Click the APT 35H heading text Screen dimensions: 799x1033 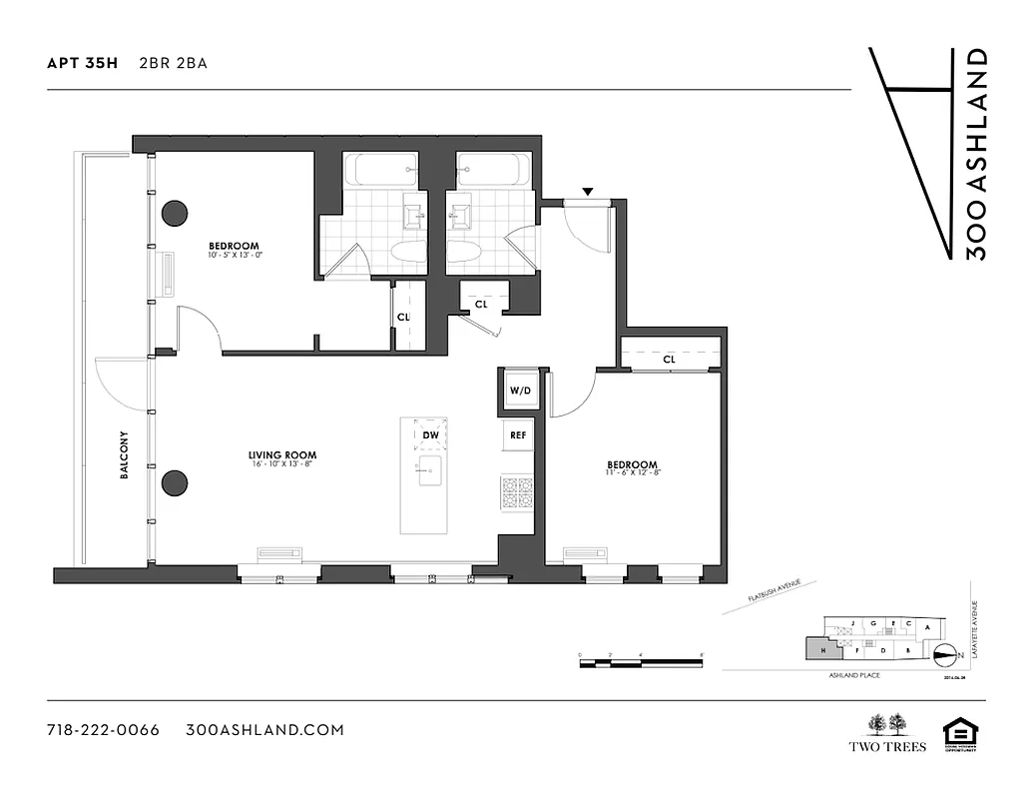tap(82, 63)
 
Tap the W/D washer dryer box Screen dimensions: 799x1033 tap(519, 391)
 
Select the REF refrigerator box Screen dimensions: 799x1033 tap(518, 435)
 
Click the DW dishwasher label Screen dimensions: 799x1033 tap(430, 435)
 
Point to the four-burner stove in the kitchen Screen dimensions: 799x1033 tap(517, 492)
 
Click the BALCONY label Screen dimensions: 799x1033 tap(125, 455)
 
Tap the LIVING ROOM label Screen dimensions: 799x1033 tap(282, 455)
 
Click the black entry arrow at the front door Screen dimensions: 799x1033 tap(588, 191)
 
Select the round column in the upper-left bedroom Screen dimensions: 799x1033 tap(176, 213)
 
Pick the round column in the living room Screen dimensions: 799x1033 tap(175, 482)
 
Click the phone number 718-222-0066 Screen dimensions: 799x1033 tap(103, 729)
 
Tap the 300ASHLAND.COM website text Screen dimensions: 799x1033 tap(264, 729)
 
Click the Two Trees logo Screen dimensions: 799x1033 tap(887, 733)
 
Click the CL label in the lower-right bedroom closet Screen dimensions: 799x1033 tap(668, 358)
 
